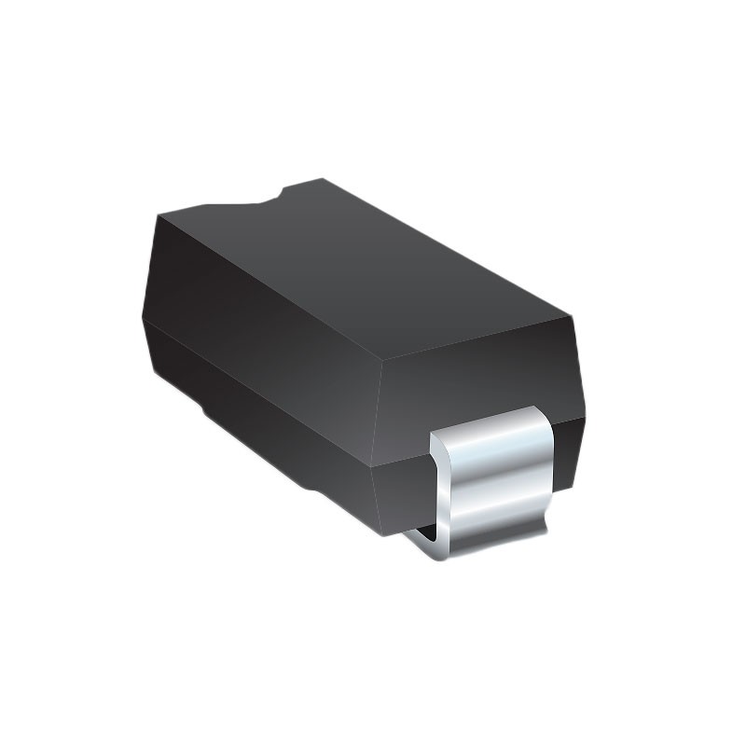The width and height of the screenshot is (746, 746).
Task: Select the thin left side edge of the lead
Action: [x=439, y=485]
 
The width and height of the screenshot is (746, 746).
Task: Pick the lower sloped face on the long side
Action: [x=270, y=392]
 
